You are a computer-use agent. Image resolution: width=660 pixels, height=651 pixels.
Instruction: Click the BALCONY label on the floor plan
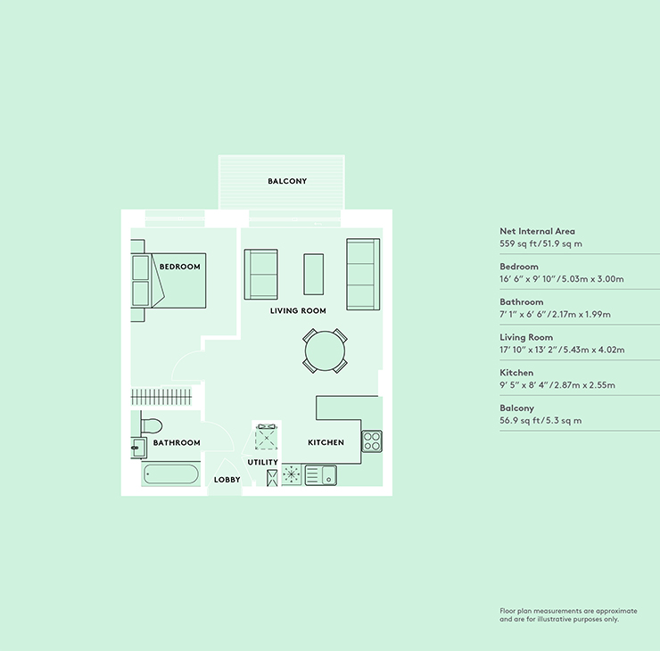click(287, 181)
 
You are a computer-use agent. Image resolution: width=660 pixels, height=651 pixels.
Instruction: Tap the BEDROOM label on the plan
click(180, 267)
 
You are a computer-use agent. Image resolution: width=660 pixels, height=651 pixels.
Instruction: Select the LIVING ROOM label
click(298, 311)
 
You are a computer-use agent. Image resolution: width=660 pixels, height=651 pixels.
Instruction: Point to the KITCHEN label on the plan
click(326, 442)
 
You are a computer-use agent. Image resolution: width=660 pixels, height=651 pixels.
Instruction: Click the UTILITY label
click(262, 462)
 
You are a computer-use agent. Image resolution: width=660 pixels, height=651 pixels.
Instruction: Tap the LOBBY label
click(227, 480)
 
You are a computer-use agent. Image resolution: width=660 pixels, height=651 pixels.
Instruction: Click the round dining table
click(325, 351)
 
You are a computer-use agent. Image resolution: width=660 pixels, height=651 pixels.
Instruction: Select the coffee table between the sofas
click(314, 274)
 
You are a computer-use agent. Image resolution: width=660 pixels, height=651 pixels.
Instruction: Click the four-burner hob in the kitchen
click(372, 441)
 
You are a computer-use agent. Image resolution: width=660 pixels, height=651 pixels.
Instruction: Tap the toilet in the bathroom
click(151, 425)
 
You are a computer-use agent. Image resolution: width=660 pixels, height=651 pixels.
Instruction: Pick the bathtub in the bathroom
click(170, 474)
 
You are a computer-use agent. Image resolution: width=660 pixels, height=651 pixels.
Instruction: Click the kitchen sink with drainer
click(321, 475)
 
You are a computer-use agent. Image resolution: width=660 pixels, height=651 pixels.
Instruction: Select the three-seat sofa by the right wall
click(363, 275)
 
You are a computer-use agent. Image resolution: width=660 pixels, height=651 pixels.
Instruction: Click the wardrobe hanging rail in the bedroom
click(161, 397)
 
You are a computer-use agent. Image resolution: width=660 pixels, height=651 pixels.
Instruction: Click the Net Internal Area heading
click(537, 231)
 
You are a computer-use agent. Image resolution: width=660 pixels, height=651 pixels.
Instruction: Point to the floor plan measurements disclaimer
click(568, 614)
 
